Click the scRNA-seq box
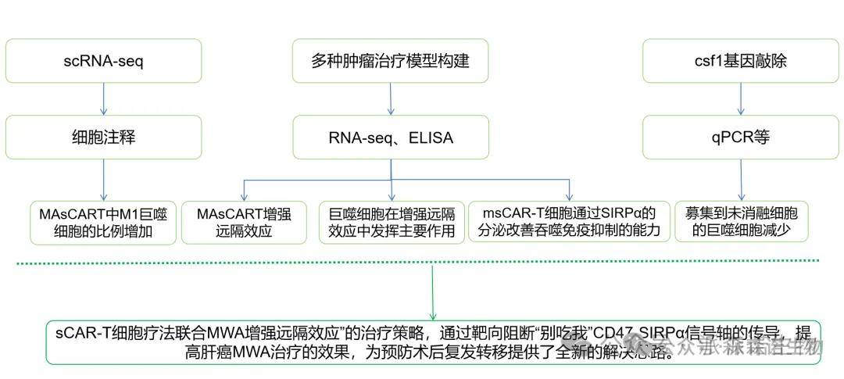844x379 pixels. (103, 61)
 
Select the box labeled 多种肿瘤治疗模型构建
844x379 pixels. (390, 61)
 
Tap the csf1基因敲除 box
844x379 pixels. (741, 61)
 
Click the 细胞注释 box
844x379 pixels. (103, 138)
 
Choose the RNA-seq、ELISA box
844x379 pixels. (390, 138)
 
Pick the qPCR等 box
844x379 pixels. (741, 138)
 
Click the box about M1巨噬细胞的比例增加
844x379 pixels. (103, 222)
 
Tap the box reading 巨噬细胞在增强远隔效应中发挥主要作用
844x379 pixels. (390, 222)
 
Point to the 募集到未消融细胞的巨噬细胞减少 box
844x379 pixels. (741, 222)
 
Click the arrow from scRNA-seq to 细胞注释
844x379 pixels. (103, 99)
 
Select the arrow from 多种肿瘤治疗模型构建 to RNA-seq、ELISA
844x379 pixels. (390, 99)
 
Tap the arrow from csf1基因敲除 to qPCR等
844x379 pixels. (741, 99)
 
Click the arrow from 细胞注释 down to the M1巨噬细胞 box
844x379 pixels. (103, 181)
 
